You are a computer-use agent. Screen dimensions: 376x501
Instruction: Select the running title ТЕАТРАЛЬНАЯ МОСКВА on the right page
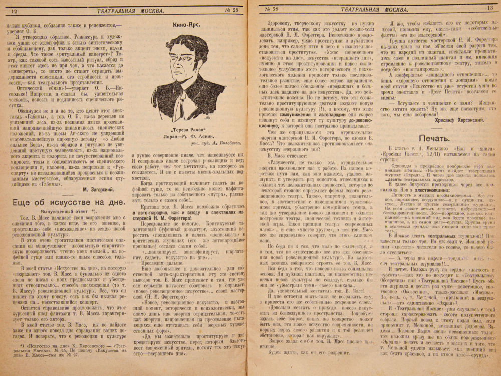click(x=370, y=8)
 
